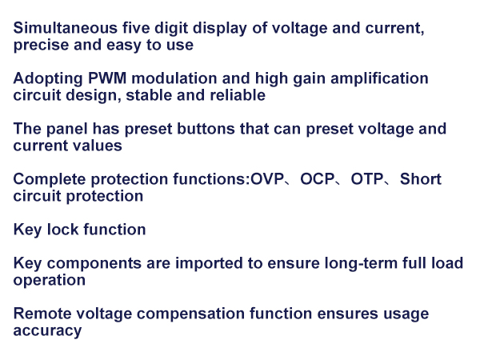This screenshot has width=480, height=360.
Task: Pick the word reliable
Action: click(235, 96)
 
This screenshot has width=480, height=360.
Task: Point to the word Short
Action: click(421, 179)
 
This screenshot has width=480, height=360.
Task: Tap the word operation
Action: click(50, 281)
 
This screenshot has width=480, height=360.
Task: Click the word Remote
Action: click(40, 314)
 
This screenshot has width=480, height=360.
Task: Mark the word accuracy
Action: click(48, 331)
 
